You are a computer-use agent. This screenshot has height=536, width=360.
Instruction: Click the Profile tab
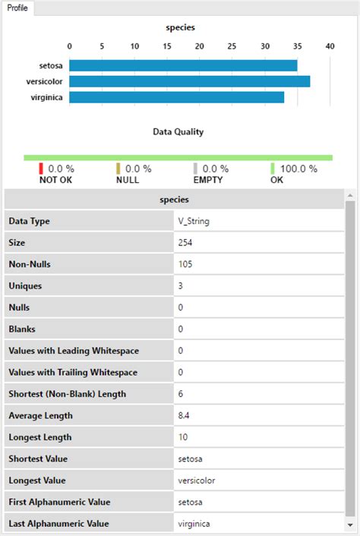tap(18, 8)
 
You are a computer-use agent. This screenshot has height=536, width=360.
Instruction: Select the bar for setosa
tap(183, 66)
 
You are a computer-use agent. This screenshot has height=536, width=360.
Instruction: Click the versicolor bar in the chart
tap(189, 81)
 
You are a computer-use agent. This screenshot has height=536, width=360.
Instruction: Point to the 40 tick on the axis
tap(330, 46)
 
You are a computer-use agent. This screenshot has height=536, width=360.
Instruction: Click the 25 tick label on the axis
tap(232, 46)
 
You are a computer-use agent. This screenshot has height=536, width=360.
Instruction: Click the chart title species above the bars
tap(180, 27)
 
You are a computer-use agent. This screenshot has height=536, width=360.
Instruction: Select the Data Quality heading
tap(178, 131)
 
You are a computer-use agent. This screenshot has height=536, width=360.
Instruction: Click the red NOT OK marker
tap(41, 169)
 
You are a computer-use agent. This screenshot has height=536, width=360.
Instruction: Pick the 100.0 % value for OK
tap(299, 169)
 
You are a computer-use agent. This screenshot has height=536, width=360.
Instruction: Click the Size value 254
tap(185, 243)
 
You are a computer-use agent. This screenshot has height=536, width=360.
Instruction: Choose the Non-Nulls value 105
tap(185, 264)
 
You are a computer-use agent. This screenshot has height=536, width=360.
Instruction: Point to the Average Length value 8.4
tap(185, 415)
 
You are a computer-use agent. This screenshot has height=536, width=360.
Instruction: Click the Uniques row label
tap(25, 286)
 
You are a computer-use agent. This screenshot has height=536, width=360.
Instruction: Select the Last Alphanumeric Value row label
tap(58, 524)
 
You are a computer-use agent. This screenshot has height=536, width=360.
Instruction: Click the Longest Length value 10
tap(183, 437)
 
